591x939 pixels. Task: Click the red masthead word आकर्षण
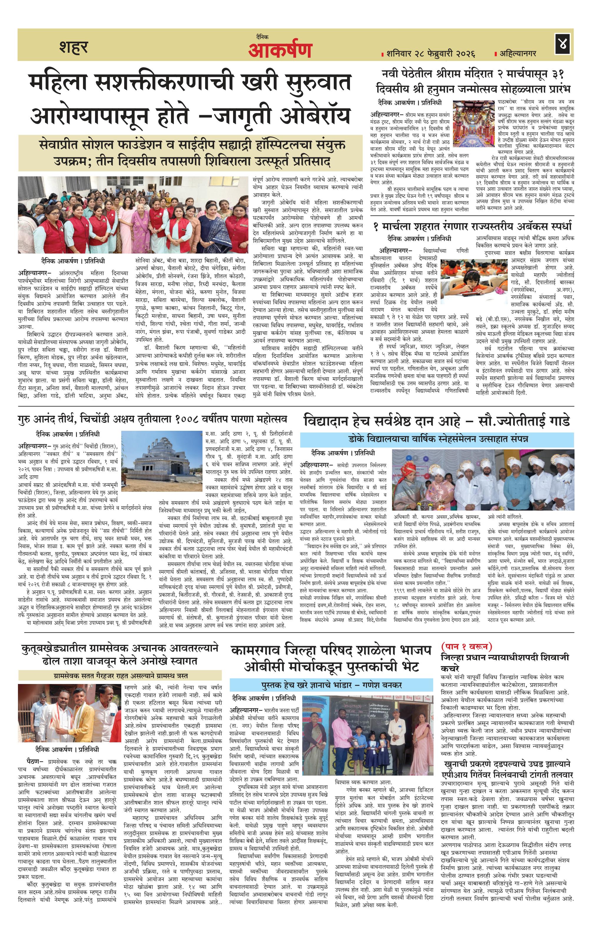pyautogui.click(x=280, y=50)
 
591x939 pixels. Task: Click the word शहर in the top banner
pyautogui.click(x=74, y=47)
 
